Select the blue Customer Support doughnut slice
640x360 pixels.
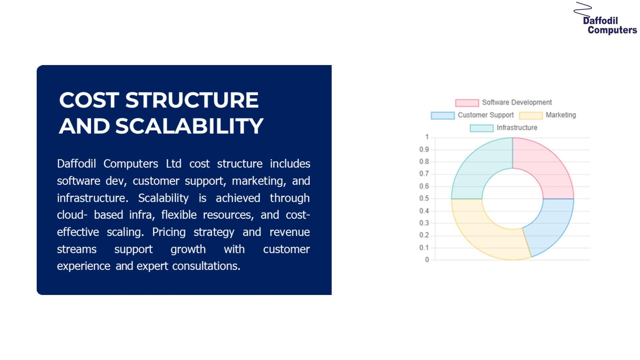pos(553,223)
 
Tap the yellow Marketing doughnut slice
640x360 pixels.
pos(483,230)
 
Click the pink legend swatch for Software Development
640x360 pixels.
pos(467,103)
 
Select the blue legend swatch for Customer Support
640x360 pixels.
pos(443,115)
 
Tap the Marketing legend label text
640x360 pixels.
pos(561,115)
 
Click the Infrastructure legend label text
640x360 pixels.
pos(517,128)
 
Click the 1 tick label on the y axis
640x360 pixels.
pos(427,137)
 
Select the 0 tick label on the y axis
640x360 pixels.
pos(427,260)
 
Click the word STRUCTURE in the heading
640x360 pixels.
pos(192,100)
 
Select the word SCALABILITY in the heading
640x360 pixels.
pos(189,126)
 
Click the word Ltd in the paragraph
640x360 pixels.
pos(174,164)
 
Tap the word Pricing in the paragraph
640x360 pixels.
pos(169,232)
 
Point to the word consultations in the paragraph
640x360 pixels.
pos(206,266)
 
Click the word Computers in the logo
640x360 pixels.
pos(612,30)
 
